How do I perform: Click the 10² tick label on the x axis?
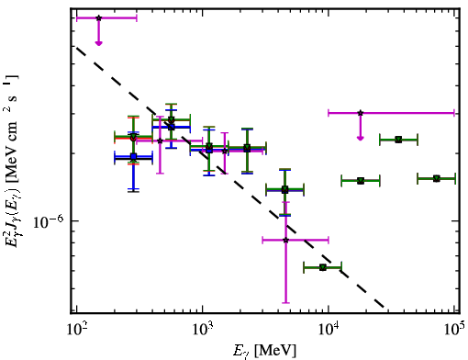pyautogui.click(x=76, y=330)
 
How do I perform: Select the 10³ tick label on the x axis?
pyautogui.click(x=203, y=330)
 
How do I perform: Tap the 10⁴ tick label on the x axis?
pyautogui.click(x=329, y=330)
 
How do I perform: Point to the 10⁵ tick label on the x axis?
pyautogui.click(x=454, y=330)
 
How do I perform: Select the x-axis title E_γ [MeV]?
pyautogui.click(x=264, y=351)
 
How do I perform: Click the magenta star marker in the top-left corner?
pyautogui.click(x=98, y=18)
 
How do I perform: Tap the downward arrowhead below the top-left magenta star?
pyautogui.click(x=98, y=43)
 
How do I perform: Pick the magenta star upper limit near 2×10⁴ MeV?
pyautogui.click(x=361, y=113)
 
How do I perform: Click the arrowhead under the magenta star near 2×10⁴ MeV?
pyautogui.click(x=361, y=139)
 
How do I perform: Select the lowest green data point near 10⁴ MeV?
pyautogui.click(x=323, y=267)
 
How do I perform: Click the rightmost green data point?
pyautogui.click(x=437, y=178)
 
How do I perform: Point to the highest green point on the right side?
pyautogui.click(x=398, y=140)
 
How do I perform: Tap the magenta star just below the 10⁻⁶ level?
pyautogui.click(x=285, y=240)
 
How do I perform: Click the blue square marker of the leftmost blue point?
pyautogui.click(x=133, y=157)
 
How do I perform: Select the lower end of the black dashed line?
pyautogui.click(x=384, y=307)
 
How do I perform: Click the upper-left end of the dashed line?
pyautogui.click(x=76, y=47)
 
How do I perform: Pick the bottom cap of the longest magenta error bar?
pyautogui.click(x=285, y=303)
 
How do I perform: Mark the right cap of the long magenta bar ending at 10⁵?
pyautogui.click(x=454, y=113)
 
